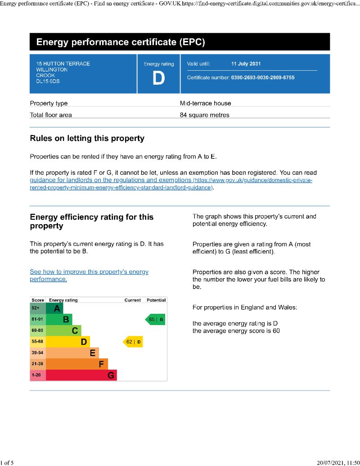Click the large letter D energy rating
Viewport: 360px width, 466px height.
coord(158,78)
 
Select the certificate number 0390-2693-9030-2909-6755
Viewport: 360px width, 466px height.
coord(263,77)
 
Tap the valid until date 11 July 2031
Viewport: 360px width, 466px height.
coord(246,64)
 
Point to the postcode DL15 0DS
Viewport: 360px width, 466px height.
coord(48,81)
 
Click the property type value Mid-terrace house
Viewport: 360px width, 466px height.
coord(205,103)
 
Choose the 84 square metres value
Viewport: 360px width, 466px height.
coord(204,115)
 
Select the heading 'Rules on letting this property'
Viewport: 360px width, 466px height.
coord(87,138)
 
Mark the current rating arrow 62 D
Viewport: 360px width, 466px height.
coord(133,342)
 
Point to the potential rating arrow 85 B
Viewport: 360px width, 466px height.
coord(156,320)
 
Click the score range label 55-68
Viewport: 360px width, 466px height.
coord(37,342)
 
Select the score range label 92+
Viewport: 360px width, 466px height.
coord(36,308)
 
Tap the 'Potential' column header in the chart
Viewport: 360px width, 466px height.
coord(156,300)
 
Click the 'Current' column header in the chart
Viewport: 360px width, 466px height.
coord(132,300)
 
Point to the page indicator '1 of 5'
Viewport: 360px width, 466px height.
coord(7,462)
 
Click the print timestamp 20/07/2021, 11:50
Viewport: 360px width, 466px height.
coord(338,462)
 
